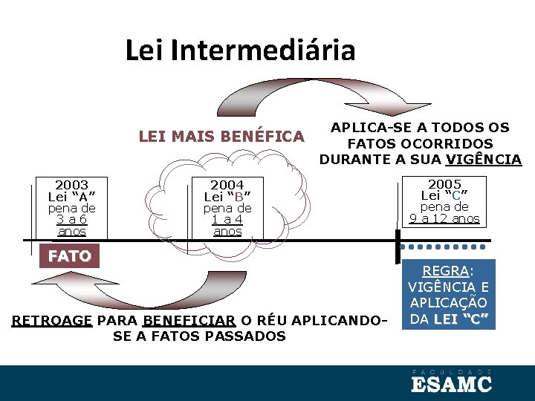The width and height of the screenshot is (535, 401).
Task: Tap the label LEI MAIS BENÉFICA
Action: pos(221,137)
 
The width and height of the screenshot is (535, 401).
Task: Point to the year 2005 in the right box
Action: pos(444,184)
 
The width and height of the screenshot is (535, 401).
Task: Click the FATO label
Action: pos(69,257)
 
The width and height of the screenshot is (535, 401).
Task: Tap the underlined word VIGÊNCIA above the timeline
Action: pos(483,159)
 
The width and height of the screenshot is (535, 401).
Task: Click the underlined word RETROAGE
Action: pos(51,322)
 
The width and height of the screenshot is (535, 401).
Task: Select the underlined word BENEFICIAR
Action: pos(189,322)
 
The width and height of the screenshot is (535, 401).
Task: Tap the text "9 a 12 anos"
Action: pos(444,218)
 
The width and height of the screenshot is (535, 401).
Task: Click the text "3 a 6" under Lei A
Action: pos(72,219)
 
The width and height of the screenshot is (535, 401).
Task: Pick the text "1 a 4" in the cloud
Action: pos(227,219)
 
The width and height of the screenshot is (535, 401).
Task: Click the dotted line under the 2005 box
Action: pos(447,246)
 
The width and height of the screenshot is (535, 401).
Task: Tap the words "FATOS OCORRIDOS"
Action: pos(420,143)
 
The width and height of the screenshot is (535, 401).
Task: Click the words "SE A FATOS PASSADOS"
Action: pos(199,336)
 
